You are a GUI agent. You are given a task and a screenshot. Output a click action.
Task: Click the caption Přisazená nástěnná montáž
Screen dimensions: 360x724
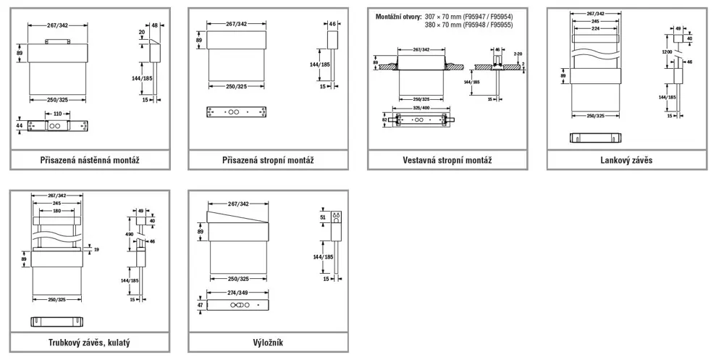tap(90, 160)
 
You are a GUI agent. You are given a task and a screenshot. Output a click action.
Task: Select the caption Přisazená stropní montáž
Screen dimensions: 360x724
tap(269, 160)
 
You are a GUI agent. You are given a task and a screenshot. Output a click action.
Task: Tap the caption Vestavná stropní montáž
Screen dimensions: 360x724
tap(447, 160)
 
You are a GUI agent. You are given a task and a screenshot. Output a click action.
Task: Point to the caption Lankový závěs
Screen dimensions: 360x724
tap(626, 160)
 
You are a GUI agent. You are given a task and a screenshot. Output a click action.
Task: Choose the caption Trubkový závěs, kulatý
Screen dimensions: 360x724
tap(90, 342)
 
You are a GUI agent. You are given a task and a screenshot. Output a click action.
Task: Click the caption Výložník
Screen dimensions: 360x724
tap(269, 342)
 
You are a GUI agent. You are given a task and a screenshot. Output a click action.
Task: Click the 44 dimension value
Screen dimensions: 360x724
tap(20, 125)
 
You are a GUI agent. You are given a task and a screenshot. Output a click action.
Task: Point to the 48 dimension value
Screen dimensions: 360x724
tap(154, 25)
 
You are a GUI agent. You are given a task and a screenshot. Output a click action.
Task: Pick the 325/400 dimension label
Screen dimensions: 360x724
tap(421, 107)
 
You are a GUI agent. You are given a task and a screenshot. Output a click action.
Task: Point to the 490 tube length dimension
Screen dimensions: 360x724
tap(130, 235)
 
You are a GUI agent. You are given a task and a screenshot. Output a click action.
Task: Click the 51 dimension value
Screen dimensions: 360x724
tap(323, 216)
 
